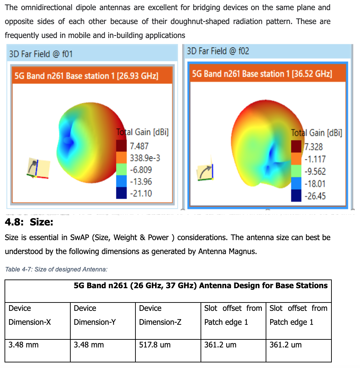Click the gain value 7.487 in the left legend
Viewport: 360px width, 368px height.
139,146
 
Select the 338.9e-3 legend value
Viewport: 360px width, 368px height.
145,158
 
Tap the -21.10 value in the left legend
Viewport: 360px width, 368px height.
141,193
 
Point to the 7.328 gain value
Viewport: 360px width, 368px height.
314,147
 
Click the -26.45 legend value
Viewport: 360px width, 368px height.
315,196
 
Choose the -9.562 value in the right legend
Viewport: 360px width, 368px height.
315,171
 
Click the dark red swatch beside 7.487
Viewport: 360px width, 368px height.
121,145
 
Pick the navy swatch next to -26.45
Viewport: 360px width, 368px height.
296,195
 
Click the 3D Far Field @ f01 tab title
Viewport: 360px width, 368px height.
41,54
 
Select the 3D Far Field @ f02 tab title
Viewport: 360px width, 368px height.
218,51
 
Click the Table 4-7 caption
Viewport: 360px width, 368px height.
56,269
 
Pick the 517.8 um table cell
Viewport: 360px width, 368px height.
155,345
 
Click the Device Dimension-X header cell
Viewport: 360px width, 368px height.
30,315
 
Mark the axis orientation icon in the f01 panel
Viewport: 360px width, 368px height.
38,168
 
